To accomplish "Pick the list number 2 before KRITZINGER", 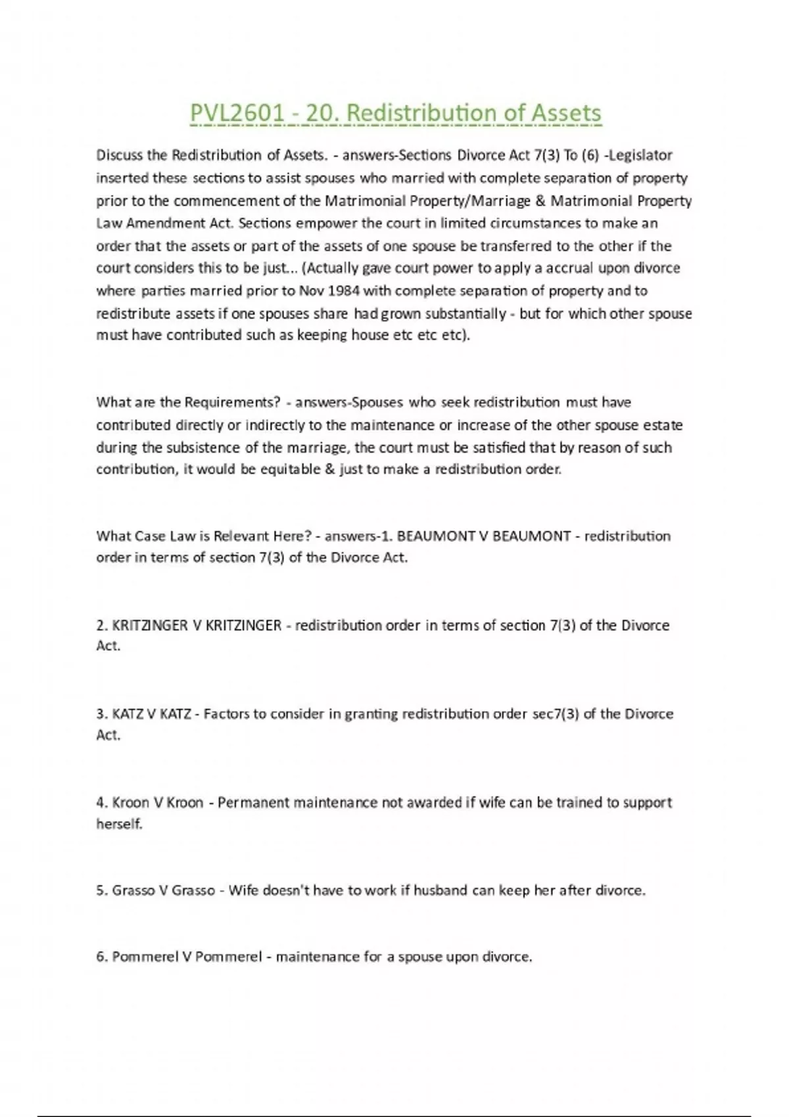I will pyautogui.click(x=101, y=626).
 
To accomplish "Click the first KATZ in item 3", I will pyautogui.click(x=126, y=714).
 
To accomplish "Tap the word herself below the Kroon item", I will pyautogui.click(x=119, y=824).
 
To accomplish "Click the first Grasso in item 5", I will pyautogui.click(x=130, y=891).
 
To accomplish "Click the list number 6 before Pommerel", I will pyautogui.click(x=101, y=957).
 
